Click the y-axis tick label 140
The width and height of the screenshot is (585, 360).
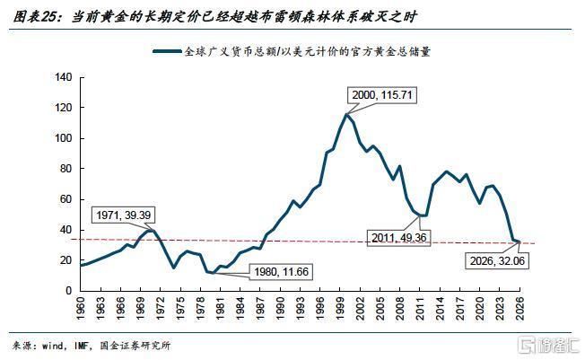point(62,77)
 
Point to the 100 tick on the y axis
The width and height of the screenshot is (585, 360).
point(62,138)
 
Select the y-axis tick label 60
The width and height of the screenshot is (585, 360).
point(65,199)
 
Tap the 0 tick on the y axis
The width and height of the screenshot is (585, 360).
point(67,291)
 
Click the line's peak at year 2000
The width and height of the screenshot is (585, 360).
point(346,114)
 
